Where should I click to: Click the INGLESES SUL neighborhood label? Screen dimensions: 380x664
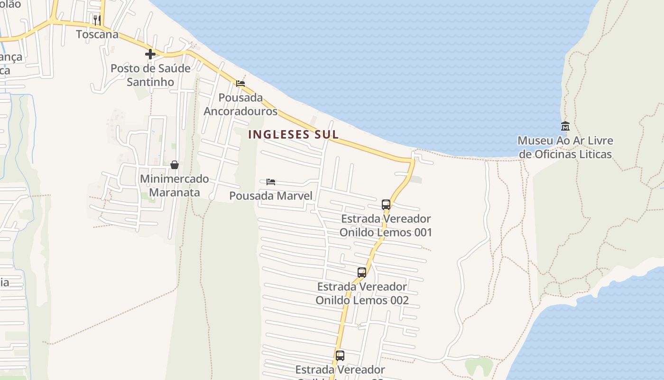click(293, 134)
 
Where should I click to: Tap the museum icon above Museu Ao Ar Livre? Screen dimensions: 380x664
click(565, 126)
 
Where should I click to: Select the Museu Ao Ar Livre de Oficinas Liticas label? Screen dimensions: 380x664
click(565, 147)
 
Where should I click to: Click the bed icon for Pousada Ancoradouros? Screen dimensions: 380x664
click(240, 84)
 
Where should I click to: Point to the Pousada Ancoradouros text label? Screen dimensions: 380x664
click(240, 104)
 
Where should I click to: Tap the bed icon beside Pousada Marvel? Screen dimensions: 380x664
click(271, 181)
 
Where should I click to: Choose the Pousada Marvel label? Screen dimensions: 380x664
click(271, 196)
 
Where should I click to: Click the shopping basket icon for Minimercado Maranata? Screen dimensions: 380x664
click(174, 165)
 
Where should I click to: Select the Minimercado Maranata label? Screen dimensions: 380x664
click(174, 186)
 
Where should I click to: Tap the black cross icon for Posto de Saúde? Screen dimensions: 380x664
click(150, 54)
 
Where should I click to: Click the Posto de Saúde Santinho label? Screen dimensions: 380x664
click(150, 75)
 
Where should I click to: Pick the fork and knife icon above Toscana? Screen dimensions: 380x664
click(97, 20)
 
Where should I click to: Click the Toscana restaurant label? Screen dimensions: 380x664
click(97, 34)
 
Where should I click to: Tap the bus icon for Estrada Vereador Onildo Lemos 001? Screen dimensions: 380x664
click(386, 205)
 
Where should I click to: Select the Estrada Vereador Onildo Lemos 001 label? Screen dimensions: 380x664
click(386, 226)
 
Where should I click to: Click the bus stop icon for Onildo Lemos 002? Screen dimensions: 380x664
click(362, 273)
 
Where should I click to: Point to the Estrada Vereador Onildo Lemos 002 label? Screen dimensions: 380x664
click(362, 294)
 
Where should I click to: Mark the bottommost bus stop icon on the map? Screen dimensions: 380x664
click(340, 355)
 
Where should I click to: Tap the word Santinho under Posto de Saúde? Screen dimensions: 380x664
click(150, 82)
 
